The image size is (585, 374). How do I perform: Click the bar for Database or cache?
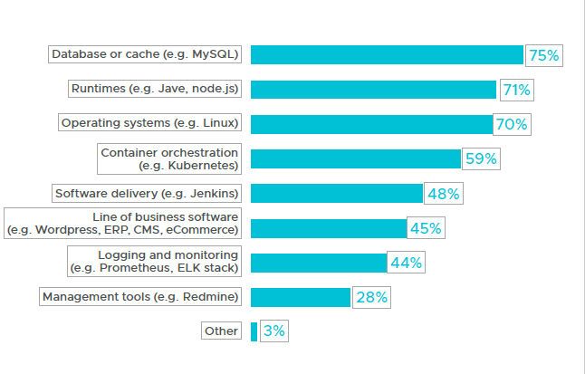[387, 55]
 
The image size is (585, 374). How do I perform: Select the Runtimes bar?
[373, 90]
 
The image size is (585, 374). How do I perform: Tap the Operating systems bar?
[371, 124]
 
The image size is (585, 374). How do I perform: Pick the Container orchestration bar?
[355, 159]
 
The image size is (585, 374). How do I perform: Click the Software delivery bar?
[336, 194]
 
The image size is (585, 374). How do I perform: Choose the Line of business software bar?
[328, 228]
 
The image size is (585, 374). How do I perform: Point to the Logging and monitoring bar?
[319, 263]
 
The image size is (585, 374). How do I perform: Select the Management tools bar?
[300, 297]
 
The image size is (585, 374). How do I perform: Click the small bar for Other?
[254, 331]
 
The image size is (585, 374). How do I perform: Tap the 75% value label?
[543, 55]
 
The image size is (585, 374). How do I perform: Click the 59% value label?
[481, 159]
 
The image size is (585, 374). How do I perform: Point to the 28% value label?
[371, 297]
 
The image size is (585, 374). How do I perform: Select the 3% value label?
[273, 331]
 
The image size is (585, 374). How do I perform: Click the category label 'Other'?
[222, 331]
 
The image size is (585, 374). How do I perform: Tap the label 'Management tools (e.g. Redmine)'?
[140, 297]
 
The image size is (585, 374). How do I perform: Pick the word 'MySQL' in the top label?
[216, 54]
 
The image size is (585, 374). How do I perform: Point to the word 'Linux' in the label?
[216, 123]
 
